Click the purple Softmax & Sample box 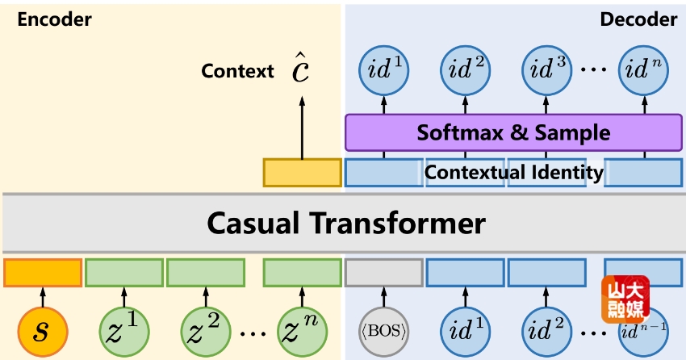point(514,132)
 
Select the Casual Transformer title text point(346,222)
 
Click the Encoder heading point(54,20)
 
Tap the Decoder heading point(638,20)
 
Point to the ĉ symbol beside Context point(301,70)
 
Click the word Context point(238,71)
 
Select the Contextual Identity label point(514,172)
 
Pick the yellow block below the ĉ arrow point(302,173)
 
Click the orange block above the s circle point(43,273)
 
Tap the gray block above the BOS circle point(384,273)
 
